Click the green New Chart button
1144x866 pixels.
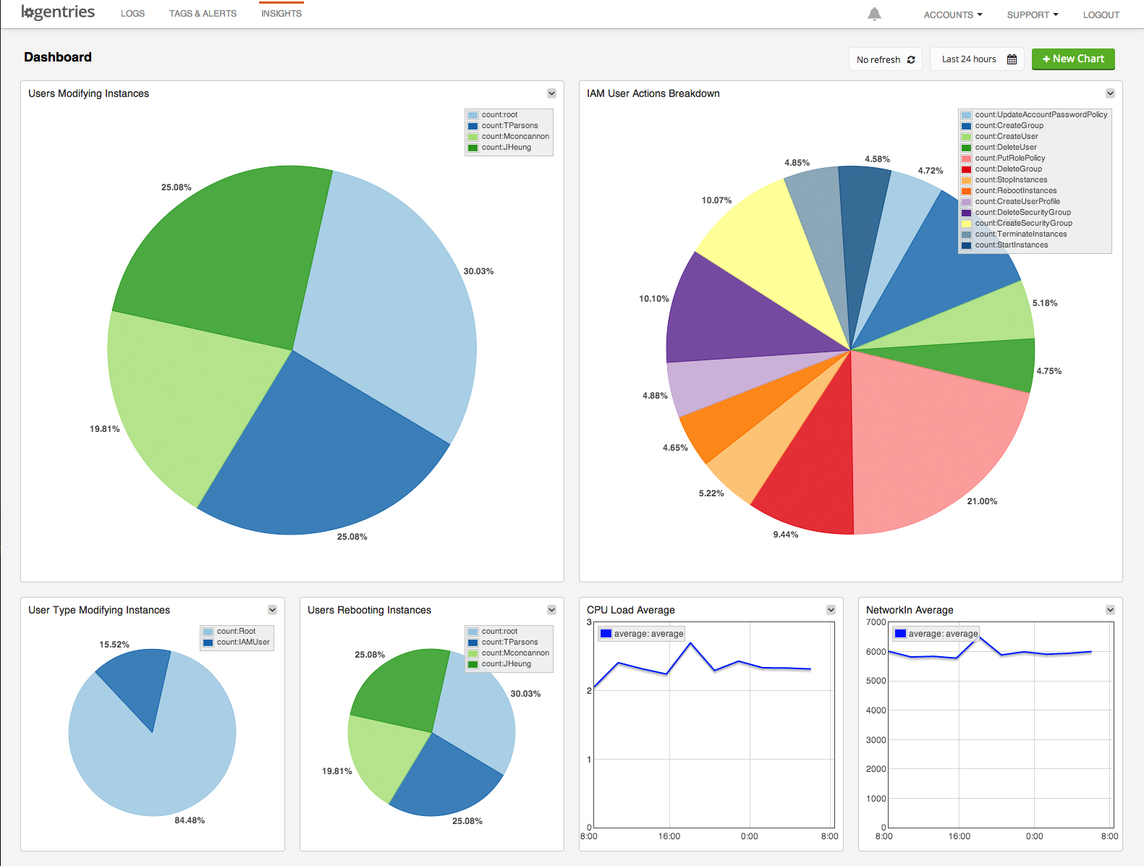[x=1073, y=59]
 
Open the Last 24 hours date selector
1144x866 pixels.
[x=978, y=59]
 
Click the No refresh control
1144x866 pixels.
[x=885, y=59]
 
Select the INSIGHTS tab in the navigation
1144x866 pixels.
[x=281, y=14]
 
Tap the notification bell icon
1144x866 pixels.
[x=874, y=14]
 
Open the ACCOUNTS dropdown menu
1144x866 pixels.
[x=952, y=14]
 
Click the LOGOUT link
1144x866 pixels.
[x=1101, y=14]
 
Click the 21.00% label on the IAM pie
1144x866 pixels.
[x=982, y=501]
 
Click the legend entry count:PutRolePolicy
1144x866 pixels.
[x=1009, y=158]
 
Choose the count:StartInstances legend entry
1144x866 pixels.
[x=1011, y=245]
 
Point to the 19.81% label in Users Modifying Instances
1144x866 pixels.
[x=105, y=429]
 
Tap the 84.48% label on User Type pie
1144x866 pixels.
[x=190, y=820]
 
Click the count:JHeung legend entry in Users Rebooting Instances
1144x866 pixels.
[x=506, y=663]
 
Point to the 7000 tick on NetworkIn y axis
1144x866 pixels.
[x=876, y=622]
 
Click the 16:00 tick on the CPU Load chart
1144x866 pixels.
[x=669, y=836]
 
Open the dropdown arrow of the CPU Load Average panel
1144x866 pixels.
[x=831, y=610]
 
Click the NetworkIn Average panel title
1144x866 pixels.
[x=910, y=610]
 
